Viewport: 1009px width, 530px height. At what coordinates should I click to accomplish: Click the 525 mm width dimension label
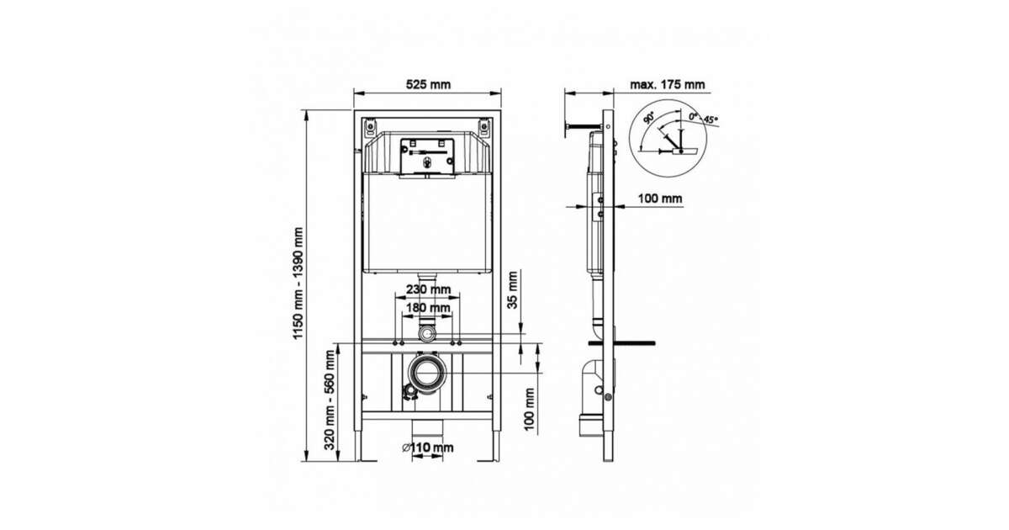[x=428, y=84]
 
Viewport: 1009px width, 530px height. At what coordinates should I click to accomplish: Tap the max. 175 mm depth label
[x=667, y=84]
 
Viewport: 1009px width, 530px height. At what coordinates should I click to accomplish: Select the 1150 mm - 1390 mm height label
[x=298, y=284]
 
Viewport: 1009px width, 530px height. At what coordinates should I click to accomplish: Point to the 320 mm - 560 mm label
[x=330, y=400]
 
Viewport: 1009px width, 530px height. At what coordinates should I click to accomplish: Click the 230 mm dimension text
[x=428, y=289]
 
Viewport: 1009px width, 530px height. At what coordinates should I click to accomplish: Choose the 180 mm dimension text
[x=428, y=308]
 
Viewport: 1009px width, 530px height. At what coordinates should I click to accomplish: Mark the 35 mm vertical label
[x=513, y=289]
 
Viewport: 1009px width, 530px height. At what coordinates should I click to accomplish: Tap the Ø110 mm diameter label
[x=427, y=448]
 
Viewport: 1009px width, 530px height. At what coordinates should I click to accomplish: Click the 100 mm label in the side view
[x=660, y=199]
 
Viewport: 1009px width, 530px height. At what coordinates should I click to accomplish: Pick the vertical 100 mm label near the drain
[x=529, y=409]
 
